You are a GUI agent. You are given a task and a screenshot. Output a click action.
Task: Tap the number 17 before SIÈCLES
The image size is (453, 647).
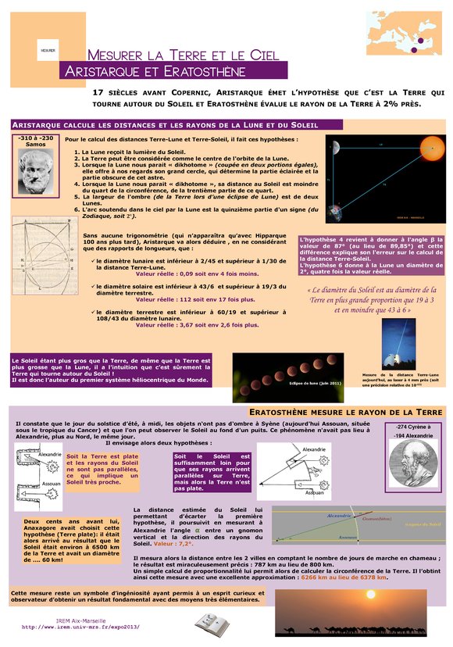[98, 92]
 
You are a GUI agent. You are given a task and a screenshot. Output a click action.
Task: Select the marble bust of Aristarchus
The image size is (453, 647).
[35, 170]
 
